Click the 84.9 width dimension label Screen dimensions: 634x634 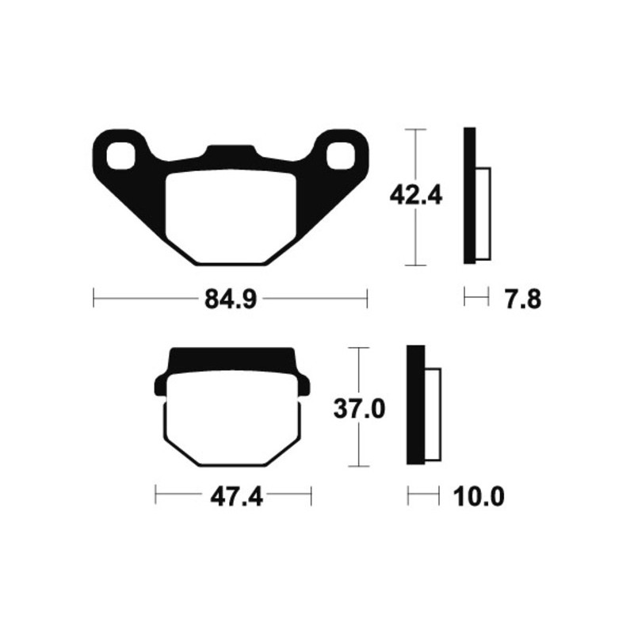pos(229,300)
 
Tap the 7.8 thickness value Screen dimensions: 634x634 pos(522,300)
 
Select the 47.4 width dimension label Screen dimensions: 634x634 pos(235,498)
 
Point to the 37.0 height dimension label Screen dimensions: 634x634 pos(361,409)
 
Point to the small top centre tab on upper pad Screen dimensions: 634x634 pos(231,151)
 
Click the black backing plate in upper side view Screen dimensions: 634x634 pos(469,195)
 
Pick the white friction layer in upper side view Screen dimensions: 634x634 pos(483,214)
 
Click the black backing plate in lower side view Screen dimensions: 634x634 pos(412,405)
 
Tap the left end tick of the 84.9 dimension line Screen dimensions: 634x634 pos(94,300)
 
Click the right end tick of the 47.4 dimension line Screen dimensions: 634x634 pos(311,498)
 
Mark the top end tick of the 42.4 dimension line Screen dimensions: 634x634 pos(415,128)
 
